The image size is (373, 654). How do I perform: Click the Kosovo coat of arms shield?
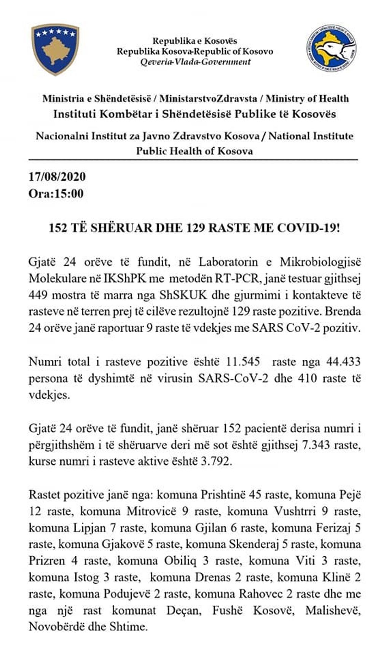pos(56,49)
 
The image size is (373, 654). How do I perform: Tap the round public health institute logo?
pos(332,48)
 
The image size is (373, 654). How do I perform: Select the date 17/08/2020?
pos(57,177)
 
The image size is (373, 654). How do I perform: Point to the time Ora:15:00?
pos(56,194)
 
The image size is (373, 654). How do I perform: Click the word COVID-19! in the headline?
pos(309,228)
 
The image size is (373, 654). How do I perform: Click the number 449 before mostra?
pos(38,295)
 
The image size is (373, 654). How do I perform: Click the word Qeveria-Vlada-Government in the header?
pos(196,62)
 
